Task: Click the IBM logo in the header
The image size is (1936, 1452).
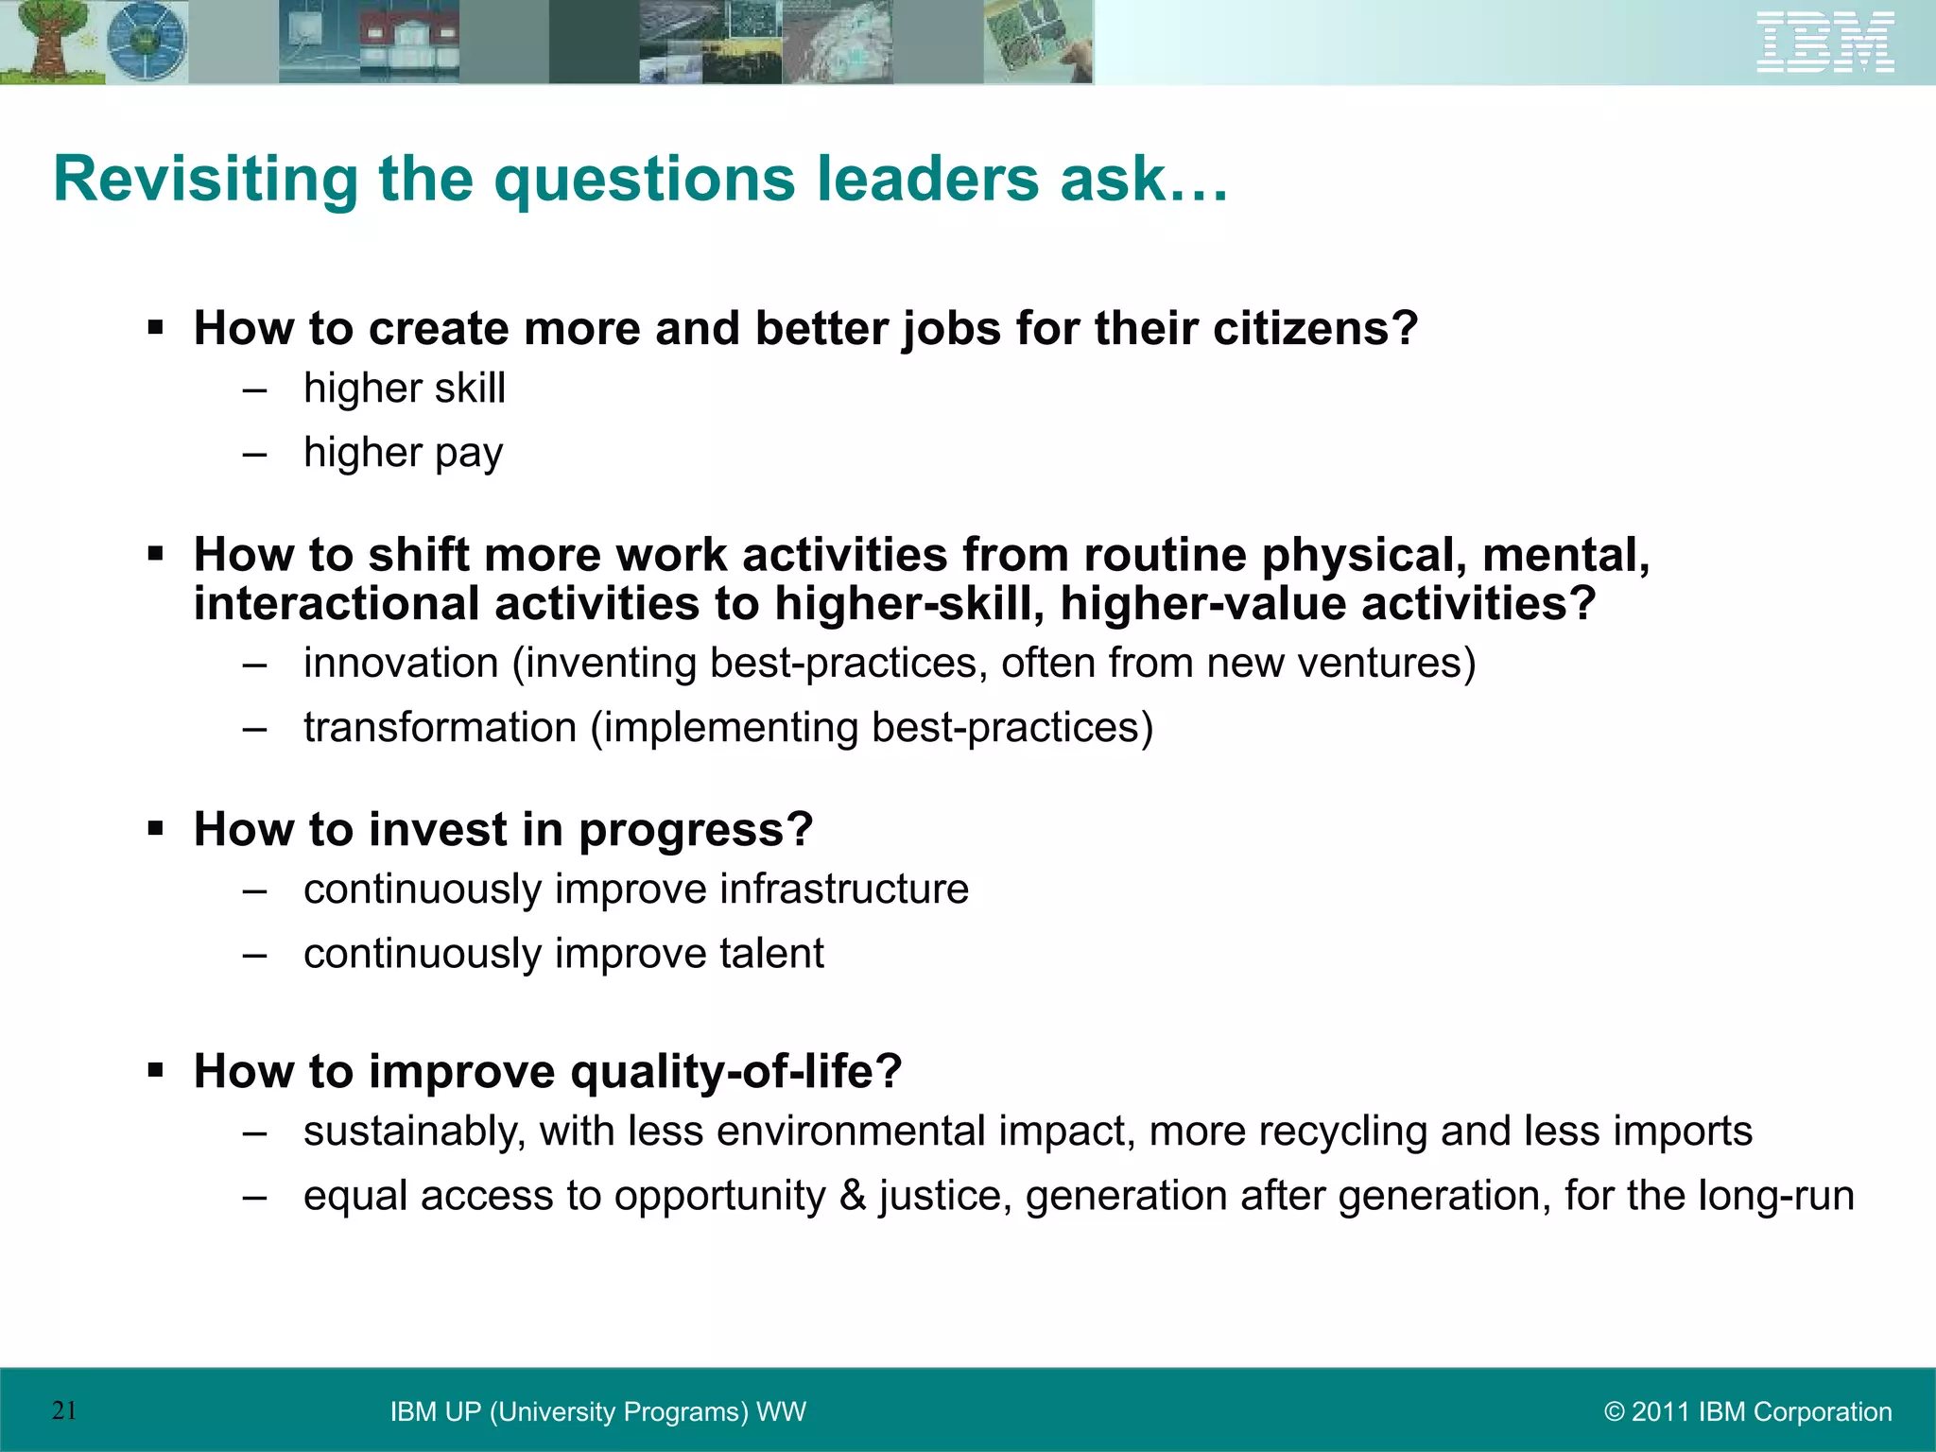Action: [1824, 43]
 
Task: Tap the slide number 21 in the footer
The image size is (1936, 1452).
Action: [64, 1410]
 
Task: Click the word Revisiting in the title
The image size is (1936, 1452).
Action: [206, 180]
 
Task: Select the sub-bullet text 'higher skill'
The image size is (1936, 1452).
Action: [405, 389]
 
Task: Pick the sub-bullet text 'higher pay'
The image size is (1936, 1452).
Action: [403, 453]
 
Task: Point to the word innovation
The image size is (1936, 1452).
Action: [401, 664]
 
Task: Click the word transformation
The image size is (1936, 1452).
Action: [440, 728]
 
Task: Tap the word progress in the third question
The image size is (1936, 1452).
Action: [695, 830]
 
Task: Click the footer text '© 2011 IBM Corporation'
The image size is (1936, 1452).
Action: [1748, 1411]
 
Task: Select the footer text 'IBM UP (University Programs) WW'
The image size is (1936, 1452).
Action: [597, 1411]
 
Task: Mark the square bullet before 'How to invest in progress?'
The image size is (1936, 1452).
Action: [156, 829]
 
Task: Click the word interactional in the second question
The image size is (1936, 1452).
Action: [336, 605]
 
